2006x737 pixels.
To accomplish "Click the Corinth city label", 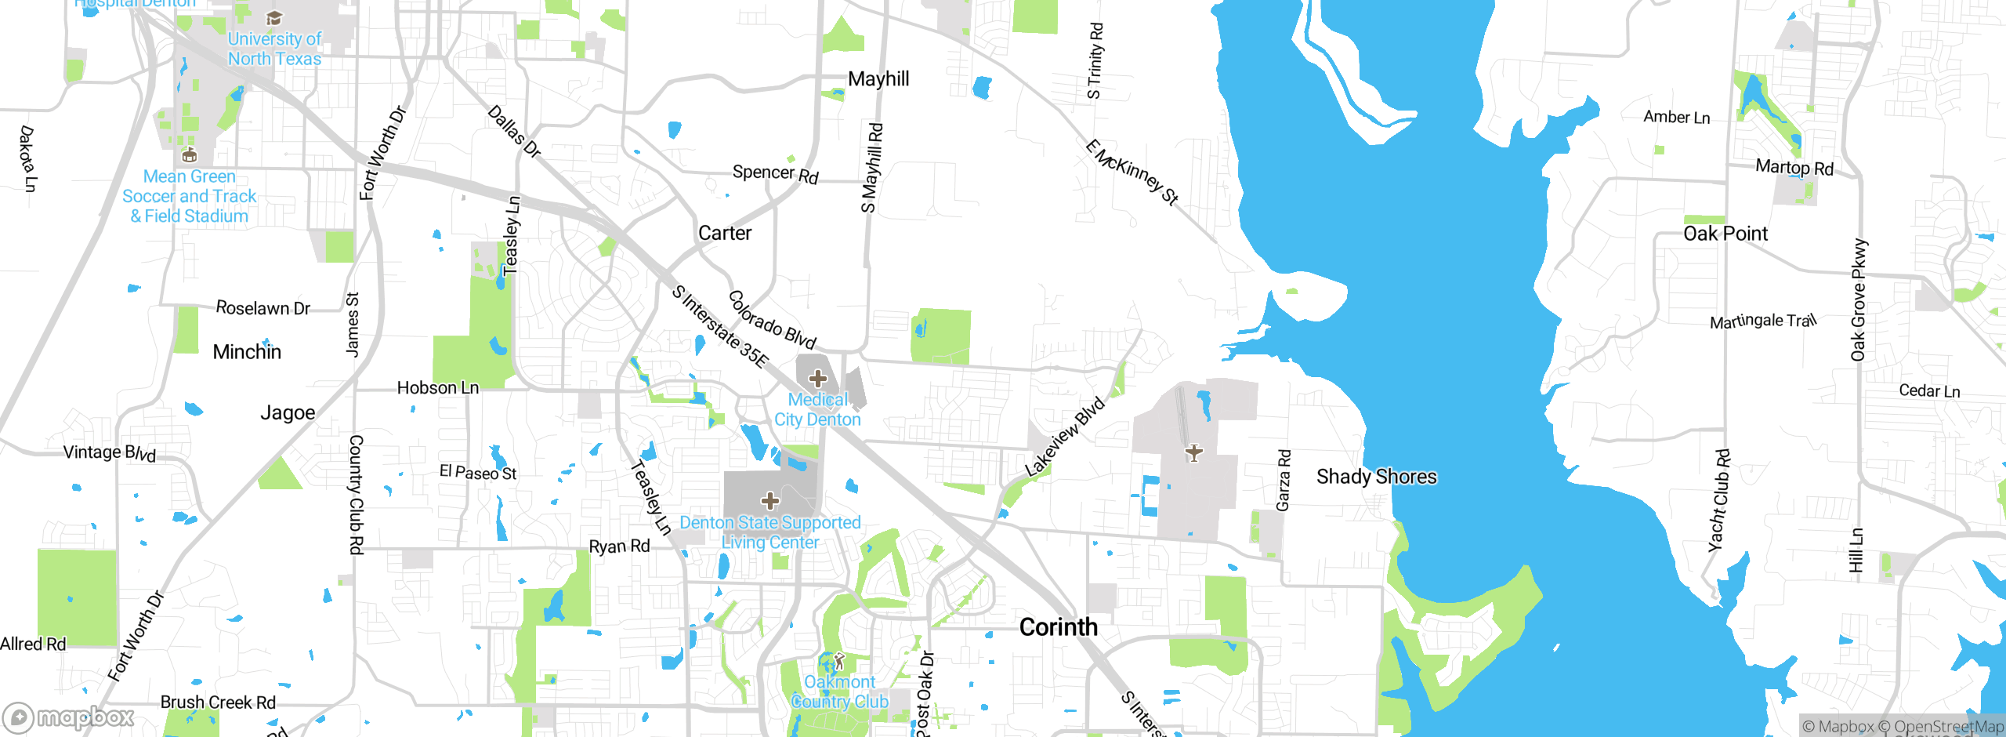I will tap(1058, 627).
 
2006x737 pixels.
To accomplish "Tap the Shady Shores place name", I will tap(1376, 477).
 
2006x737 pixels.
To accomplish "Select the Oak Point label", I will tap(1725, 234).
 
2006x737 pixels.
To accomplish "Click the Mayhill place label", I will tap(878, 78).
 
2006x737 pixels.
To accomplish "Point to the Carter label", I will tap(724, 233).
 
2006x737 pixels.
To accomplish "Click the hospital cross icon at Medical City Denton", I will tap(817, 379).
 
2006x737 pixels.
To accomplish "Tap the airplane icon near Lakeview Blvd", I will tap(1193, 452).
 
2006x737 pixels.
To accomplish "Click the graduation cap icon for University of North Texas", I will tap(273, 18).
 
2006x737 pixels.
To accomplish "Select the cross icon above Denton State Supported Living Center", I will tap(769, 500).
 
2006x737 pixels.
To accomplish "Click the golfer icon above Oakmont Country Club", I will tap(839, 661).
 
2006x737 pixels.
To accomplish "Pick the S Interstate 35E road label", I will tap(720, 326).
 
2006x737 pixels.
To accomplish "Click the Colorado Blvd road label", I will tap(772, 320).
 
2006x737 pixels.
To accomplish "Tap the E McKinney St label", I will tap(1132, 172).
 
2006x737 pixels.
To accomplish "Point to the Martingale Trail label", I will tap(1762, 321).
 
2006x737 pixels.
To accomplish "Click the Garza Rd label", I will tap(1284, 480).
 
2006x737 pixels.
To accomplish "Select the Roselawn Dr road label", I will tap(263, 308).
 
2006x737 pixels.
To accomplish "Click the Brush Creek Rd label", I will tap(218, 703).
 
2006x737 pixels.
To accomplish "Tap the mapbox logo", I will tap(69, 717).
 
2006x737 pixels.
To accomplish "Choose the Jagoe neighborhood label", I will tap(288, 412).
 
